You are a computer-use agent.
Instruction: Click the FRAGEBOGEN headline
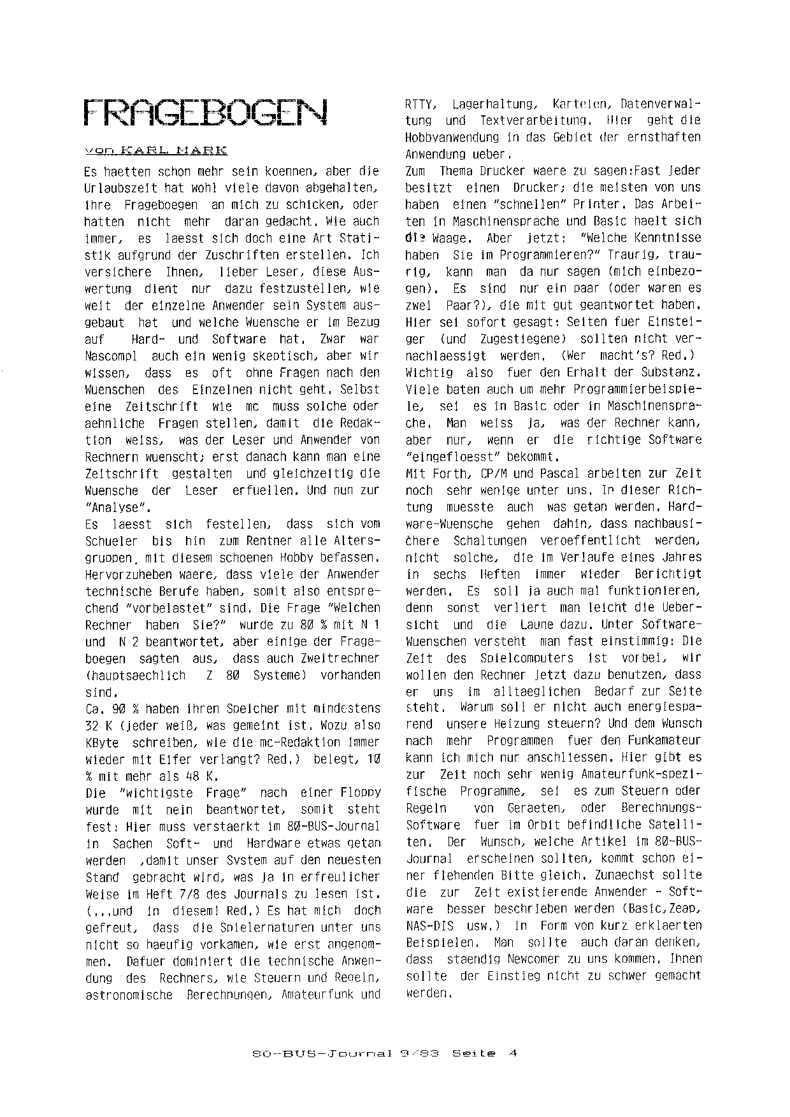[x=206, y=113]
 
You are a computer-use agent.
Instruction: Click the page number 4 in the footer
[x=512, y=1053]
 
